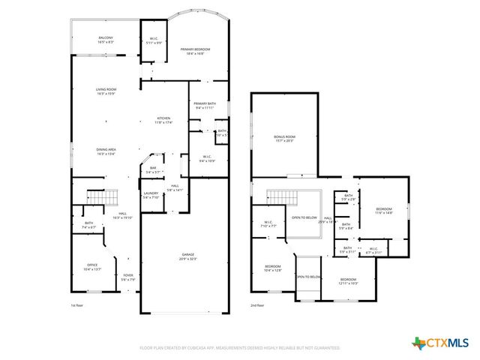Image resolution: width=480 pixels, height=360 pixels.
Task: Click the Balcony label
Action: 106,39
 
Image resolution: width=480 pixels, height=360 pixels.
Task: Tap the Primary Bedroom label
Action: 195,51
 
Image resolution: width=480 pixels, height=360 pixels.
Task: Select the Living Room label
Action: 106,91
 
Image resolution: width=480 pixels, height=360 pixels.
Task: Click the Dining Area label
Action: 106,151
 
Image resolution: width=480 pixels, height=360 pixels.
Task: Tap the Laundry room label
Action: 151,195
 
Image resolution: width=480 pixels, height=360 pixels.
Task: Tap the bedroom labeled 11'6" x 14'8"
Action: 384,210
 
